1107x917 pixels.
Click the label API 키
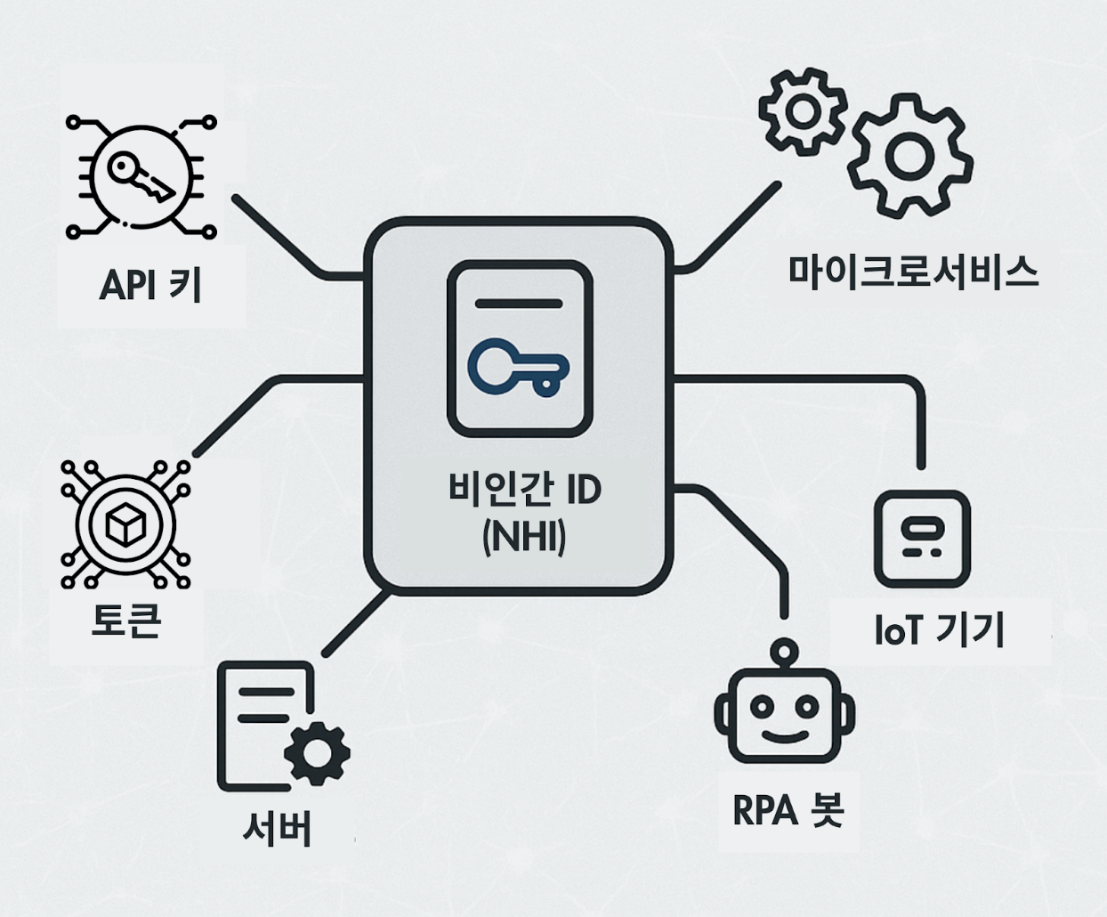pos(150,286)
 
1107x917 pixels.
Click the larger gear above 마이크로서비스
pos(907,156)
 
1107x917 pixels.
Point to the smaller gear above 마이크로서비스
pos(803,111)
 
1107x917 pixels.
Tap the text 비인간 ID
pos(525,491)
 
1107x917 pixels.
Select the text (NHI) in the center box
pos(524,539)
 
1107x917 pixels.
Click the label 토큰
pos(126,621)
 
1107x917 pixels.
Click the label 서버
pos(277,828)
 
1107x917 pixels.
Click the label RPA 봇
pos(788,810)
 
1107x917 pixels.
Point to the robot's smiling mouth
pos(784,735)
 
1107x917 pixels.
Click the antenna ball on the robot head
pos(784,650)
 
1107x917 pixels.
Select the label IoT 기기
pos(940,630)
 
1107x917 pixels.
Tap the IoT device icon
pos(922,539)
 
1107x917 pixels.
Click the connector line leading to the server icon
pos(356,623)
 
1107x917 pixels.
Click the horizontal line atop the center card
pos(519,303)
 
